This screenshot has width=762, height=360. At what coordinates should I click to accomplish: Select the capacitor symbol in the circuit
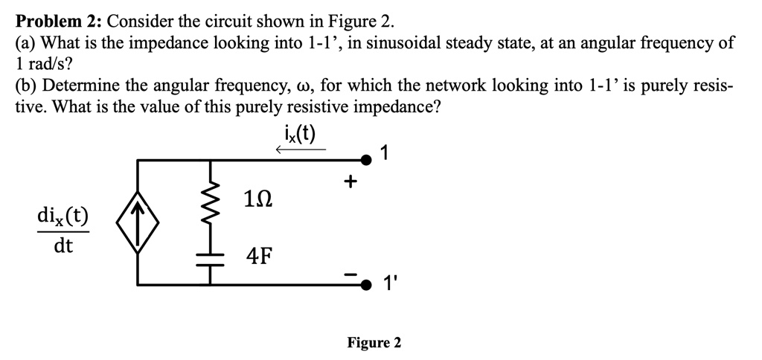pos(211,258)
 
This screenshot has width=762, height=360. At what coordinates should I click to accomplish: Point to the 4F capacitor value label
pos(258,257)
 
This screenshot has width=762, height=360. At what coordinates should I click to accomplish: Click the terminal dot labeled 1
pos(365,158)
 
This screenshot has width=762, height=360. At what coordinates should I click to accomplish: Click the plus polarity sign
pos(350,181)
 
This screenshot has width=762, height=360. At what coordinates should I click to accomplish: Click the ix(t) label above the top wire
pos(300,134)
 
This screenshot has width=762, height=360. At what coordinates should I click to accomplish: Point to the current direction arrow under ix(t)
pos(300,150)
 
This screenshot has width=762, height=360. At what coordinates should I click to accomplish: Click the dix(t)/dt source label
pos(63,231)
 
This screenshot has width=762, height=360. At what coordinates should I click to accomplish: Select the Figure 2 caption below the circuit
pos(374,342)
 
